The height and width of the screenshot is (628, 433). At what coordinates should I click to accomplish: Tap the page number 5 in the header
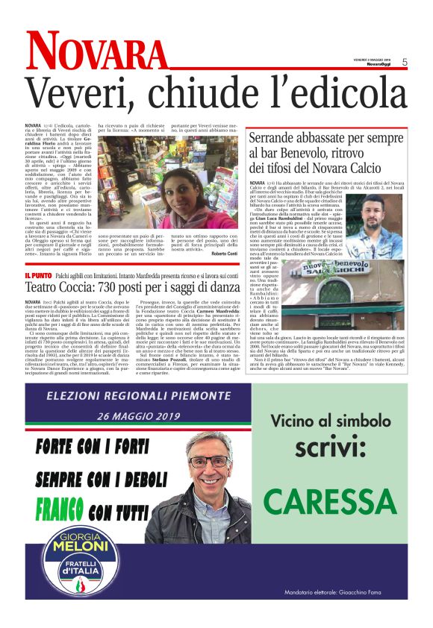click(x=404, y=63)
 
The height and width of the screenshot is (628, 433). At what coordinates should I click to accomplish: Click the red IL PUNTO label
click(x=38, y=276)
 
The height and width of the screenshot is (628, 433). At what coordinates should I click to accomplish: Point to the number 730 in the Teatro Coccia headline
click(x=114, y=287)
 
